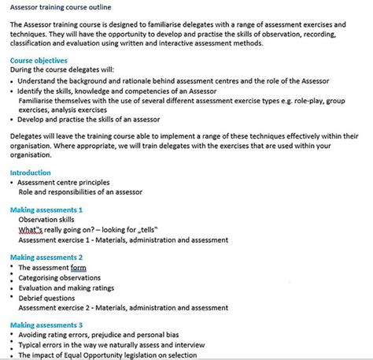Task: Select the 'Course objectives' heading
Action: pyautogui.click(x=39, y=61)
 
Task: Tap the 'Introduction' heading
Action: pyautogui.click(x=31, y=173)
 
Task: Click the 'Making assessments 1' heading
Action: pyautogui.click(x=46, y=210)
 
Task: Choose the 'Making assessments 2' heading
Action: pyautogui.click(x=46, y=258)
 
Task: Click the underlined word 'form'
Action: pyautogui.click(x=79, y=268)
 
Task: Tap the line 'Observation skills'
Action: pyautogui.click(x=52, y=221)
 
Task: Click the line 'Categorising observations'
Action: pyautogui.click(x=64, y=278)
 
